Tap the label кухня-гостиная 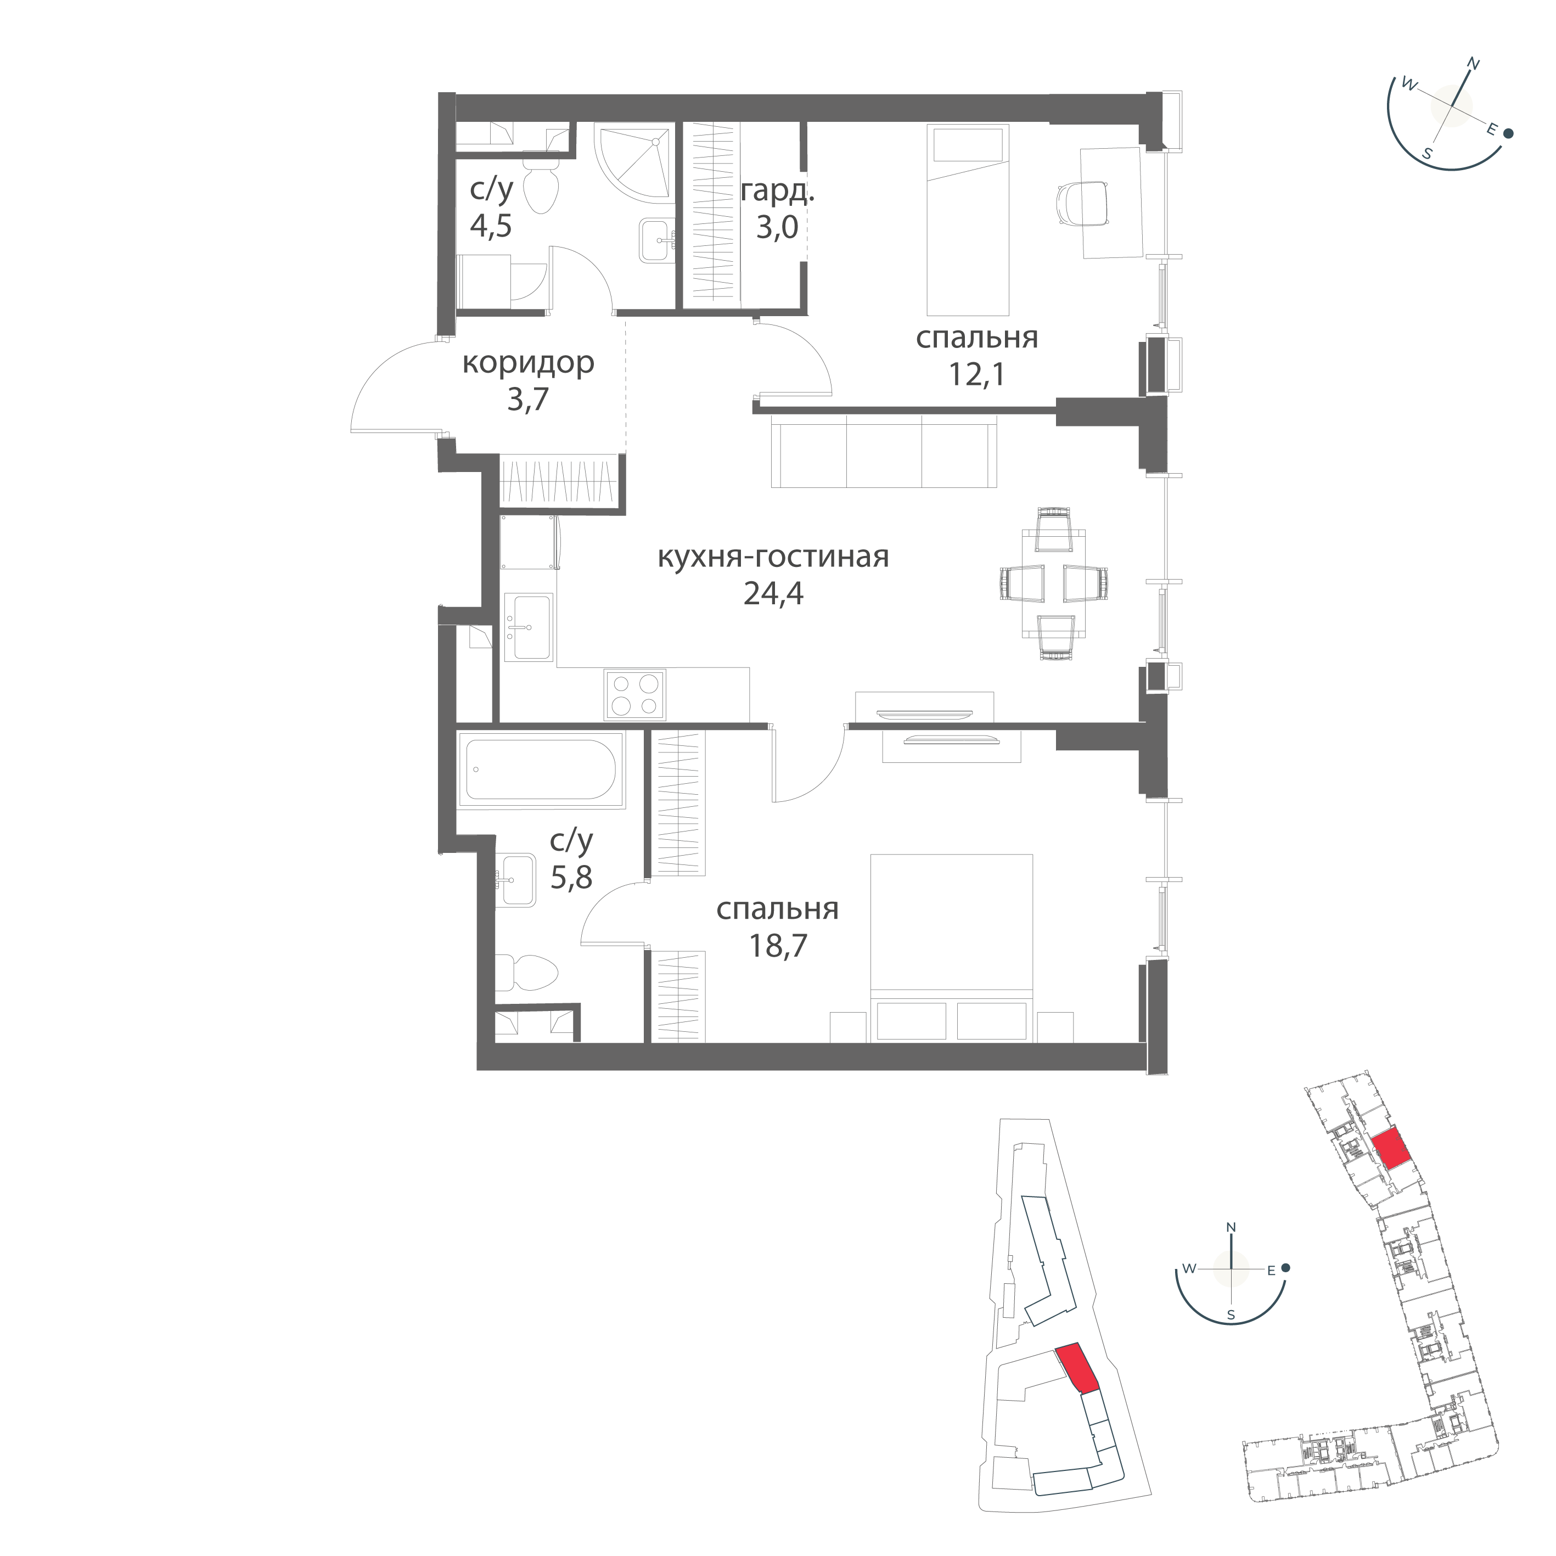(x=773, y=557)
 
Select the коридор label (x=529, y=363)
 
